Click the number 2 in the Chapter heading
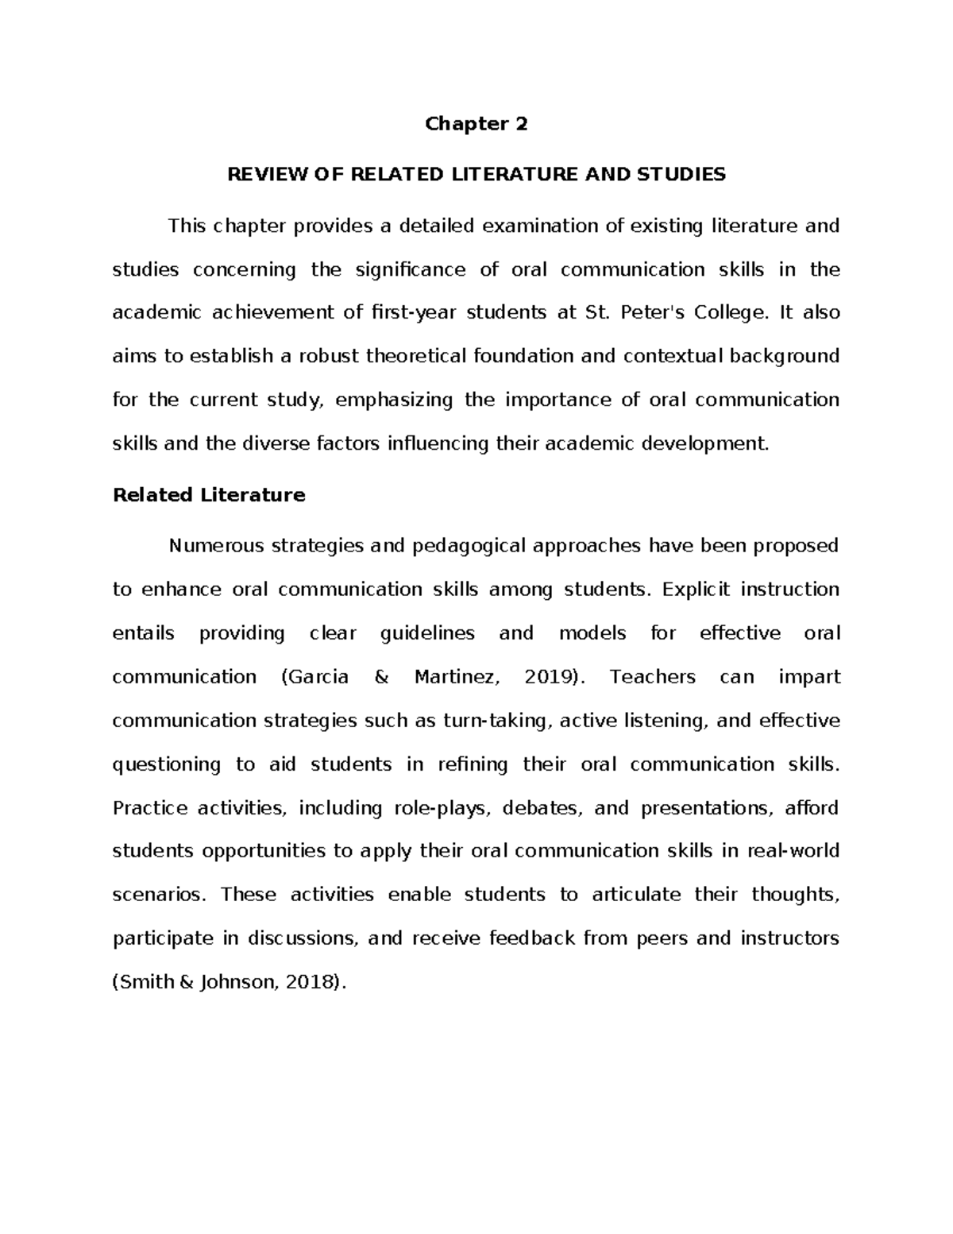(x=521, y=124)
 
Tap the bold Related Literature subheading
(x=209, y=495)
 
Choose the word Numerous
(x=216, y=547)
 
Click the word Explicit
(x=693, y=590)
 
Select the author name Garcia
(x=319, y=677)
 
